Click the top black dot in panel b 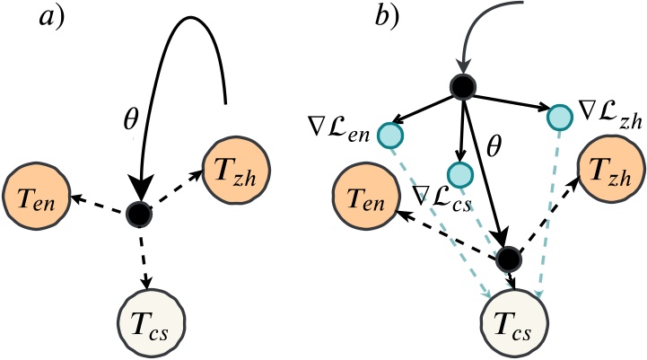tap(463, 87)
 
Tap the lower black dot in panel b tap(508, 259)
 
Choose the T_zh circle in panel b tap(610, 168)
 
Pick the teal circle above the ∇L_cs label tap(459, 173)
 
